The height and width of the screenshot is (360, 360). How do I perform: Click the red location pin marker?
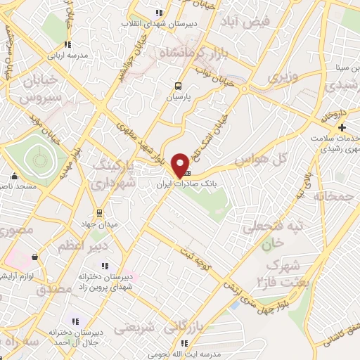(x=181, y=165)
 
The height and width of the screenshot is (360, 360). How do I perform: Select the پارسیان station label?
(x=179, y=98)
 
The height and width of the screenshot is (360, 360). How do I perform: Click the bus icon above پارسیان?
(x=179, y=86)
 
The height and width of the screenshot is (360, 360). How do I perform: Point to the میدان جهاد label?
(x=98, y=224)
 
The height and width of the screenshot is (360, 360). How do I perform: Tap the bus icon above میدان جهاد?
(x=98, y=212)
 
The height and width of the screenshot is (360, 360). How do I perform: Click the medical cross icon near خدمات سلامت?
(x=342, y=127)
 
